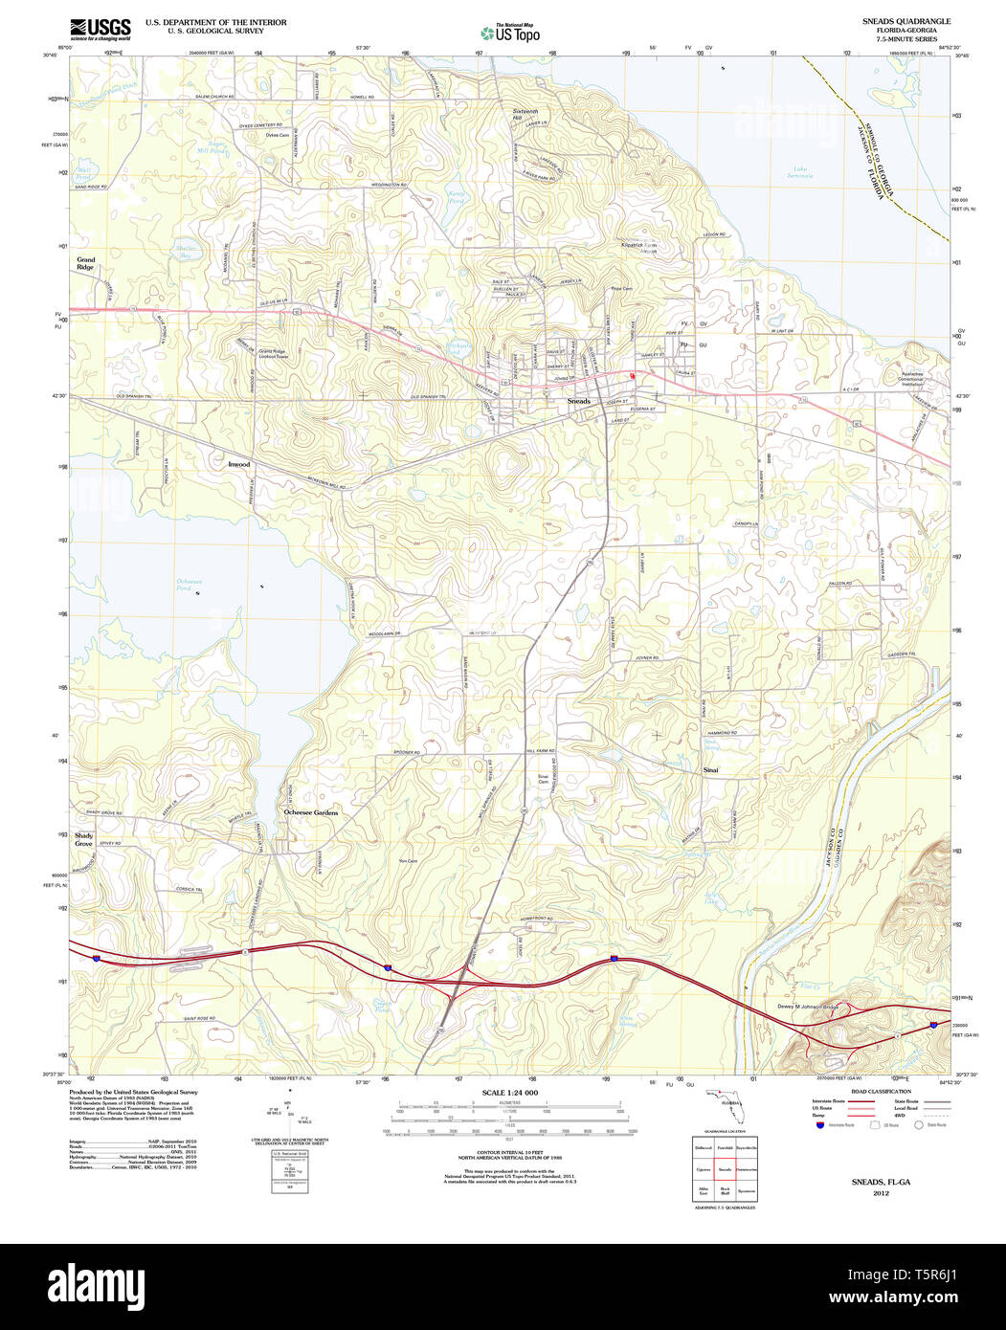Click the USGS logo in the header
point(100,28)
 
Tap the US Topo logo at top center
point(509,33)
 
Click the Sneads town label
point(578,400)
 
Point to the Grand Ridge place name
point(86,263)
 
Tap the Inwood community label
point(238,464)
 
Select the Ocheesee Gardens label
point(311,812)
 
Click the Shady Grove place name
point(83,840)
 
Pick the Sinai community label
point(710,769)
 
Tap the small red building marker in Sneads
point(632,376)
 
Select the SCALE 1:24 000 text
point(509,1093)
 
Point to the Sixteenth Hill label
point(525,115)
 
